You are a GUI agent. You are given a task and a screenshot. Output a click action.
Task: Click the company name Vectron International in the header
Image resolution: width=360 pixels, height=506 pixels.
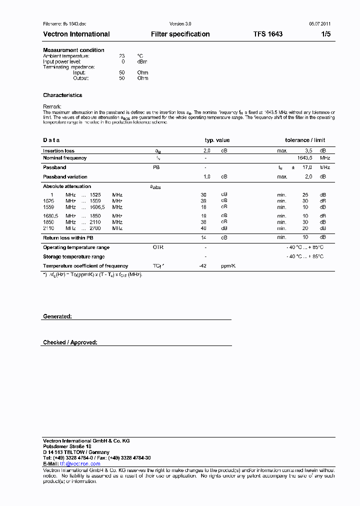[x=76, y=34]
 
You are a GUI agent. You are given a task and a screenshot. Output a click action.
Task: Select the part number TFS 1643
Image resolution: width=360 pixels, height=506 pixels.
[x=267, y=34]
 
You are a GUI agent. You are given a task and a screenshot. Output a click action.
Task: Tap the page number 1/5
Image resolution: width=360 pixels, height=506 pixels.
[x=325, y=34]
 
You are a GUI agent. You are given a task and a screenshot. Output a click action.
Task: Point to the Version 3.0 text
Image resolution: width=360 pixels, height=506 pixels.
[x=180, y=23]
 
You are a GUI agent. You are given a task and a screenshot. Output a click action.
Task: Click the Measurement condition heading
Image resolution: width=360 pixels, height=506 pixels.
[x=73, y=50]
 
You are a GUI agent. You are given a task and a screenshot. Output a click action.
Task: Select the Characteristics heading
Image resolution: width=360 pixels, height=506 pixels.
[x=62, y=95]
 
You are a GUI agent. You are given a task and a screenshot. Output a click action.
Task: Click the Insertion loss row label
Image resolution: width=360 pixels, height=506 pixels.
[x=58, y=150]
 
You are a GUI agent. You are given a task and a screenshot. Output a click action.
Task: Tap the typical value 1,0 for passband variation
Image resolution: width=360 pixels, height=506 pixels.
[x=206, y=176]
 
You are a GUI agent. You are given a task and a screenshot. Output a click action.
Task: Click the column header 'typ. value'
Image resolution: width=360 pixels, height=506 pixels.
[x=217, y=140]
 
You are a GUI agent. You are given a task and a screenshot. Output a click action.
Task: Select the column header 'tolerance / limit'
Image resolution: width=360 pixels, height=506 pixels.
[x=305, y=140]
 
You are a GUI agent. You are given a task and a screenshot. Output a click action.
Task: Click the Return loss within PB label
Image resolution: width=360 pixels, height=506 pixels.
[x=68, y=237]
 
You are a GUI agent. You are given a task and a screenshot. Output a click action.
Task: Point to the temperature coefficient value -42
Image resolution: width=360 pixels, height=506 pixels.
[x=203, y=266]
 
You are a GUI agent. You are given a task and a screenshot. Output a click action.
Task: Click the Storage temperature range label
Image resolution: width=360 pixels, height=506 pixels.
[x=73, y=256]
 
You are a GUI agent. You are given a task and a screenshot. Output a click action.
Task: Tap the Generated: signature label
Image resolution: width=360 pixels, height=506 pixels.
[x=57, y=316]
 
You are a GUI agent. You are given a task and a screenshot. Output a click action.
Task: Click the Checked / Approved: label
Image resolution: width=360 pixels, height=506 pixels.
[x=70, y=342]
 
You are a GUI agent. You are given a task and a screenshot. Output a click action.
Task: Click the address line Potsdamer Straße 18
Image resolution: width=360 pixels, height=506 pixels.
[x=67, y=446]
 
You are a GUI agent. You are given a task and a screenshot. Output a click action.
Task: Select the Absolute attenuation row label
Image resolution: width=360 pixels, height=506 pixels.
[x=67, y=186]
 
